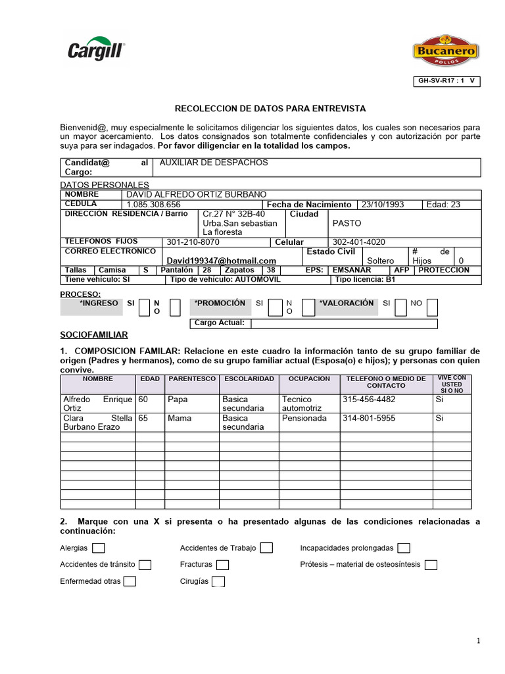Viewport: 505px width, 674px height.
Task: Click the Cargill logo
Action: [97, 49]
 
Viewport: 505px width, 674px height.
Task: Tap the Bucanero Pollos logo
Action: [445, 51]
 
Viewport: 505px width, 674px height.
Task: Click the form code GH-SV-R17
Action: [445, 82]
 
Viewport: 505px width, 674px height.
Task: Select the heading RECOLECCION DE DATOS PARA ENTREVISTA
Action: [270, 108]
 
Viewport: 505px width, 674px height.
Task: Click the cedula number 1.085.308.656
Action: [153, 205]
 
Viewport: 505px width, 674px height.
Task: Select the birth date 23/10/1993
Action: [383, 205]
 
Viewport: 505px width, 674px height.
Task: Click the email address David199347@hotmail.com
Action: [222, 261]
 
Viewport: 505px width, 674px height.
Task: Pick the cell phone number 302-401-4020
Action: [359, 242]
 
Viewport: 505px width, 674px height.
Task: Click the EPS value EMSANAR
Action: [352, 270]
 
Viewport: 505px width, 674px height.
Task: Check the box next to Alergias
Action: [99, 548]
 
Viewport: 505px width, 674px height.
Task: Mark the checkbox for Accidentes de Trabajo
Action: [266, 548]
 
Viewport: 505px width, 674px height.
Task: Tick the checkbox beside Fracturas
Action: [222, 565]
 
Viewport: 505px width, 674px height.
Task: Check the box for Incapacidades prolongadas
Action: [404, 548]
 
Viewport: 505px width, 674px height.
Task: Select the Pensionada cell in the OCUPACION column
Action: [304, 418]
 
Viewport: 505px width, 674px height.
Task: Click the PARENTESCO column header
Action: [192, 379]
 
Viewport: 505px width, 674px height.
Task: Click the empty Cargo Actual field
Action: [344, 323]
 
